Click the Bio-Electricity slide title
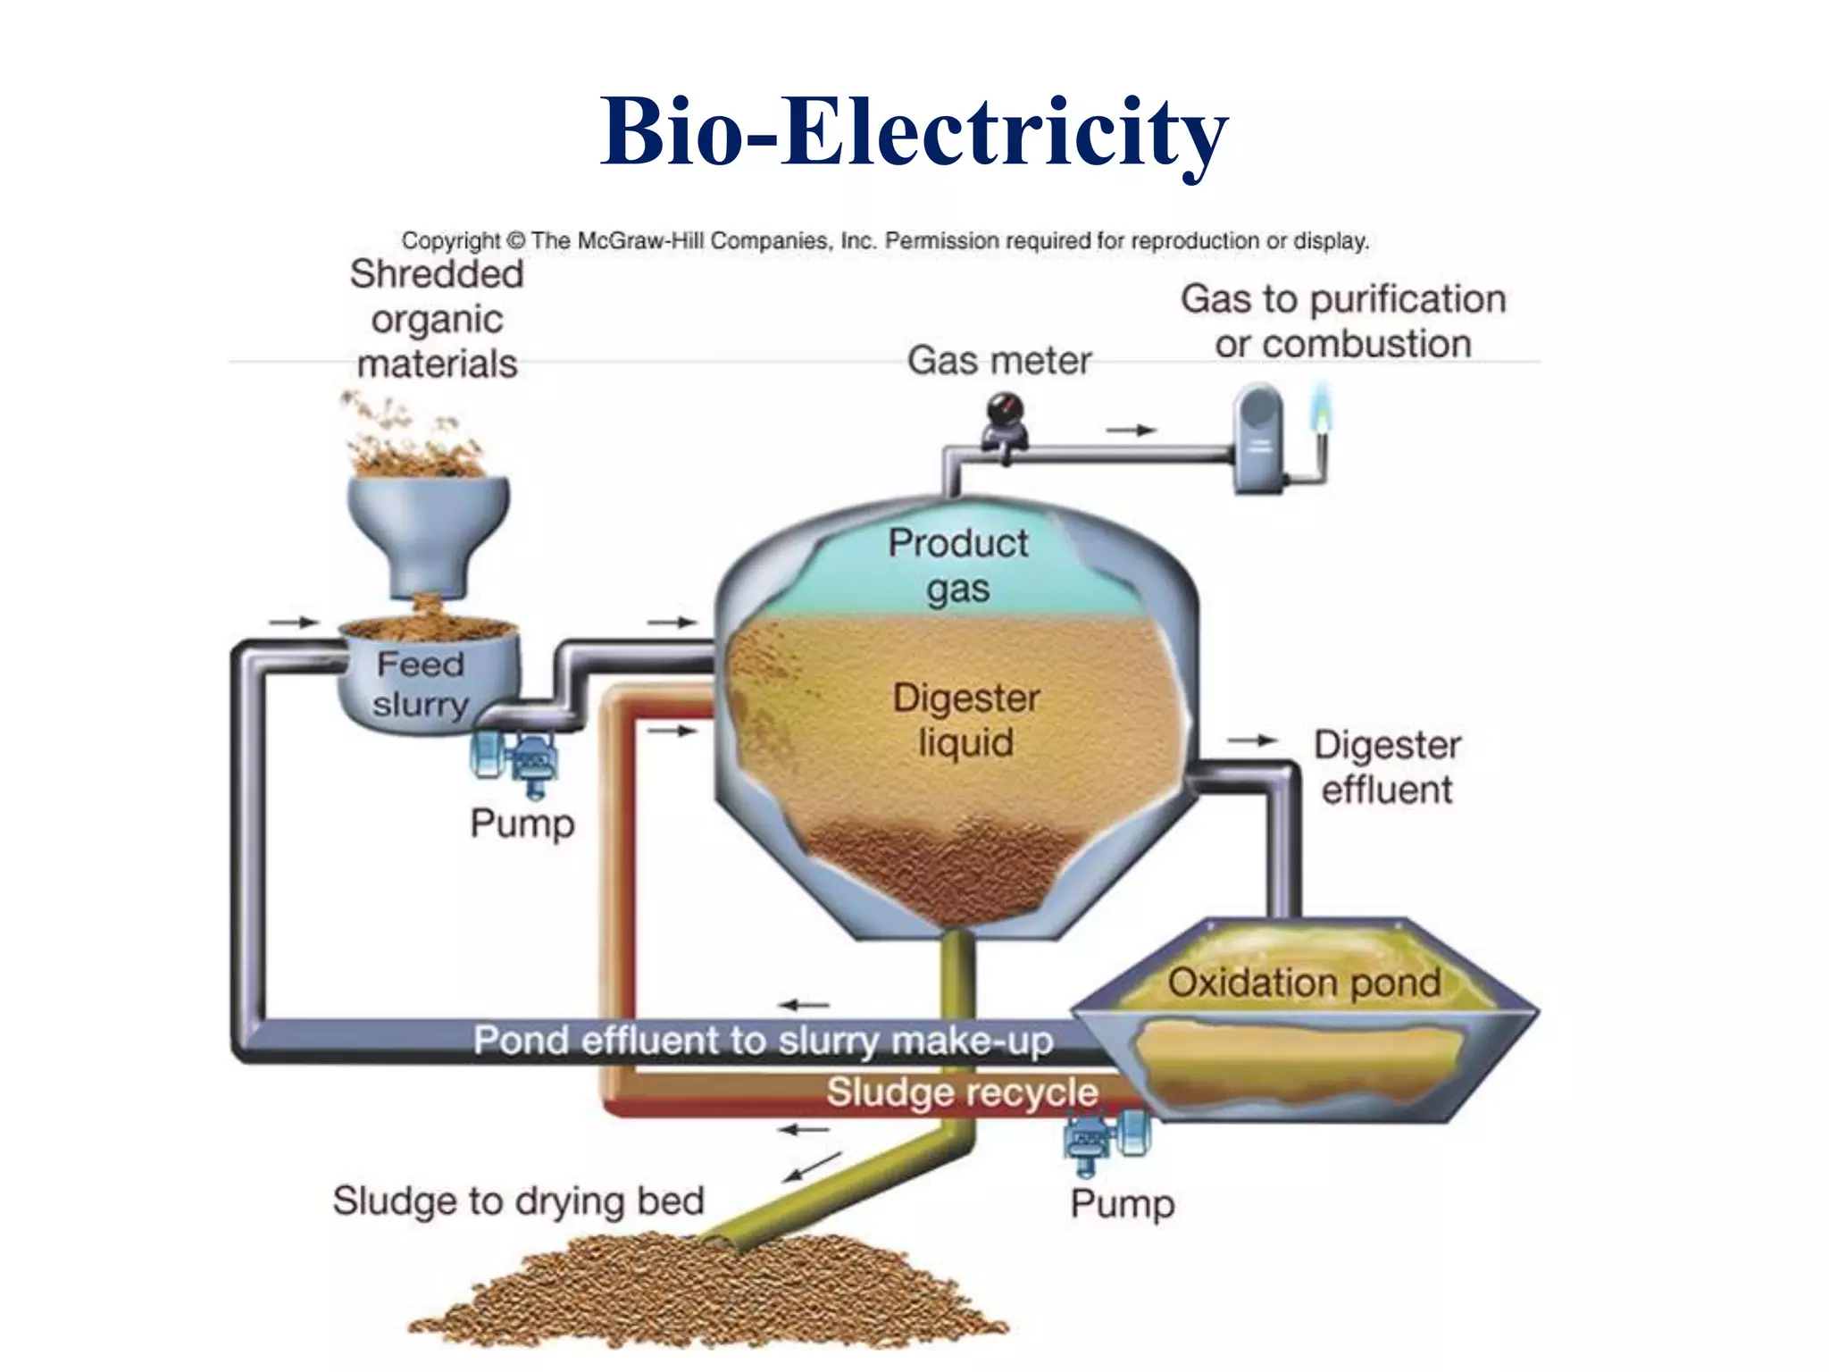pos(914,132)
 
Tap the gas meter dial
pos(1005,412)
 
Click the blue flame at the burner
pos(1321,406)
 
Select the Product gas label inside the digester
pos(958,565)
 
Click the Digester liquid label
pos(966,720)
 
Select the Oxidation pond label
pos(1304,983)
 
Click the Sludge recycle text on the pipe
pos(962,1092)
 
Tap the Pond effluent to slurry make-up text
pos(763,1041)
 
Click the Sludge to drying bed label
pos(518,1200)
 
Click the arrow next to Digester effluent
pos(1252,740)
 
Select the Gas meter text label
pos(999,361)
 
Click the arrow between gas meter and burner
pos(1131,431)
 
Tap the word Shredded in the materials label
pos(437,273)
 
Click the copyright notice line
pos(884,240)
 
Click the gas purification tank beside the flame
pos(1258,438)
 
